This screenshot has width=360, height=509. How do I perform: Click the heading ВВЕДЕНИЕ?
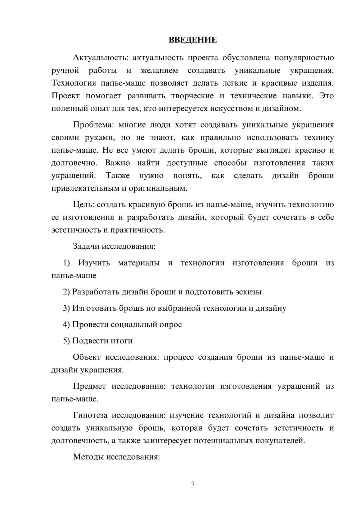point(193,40)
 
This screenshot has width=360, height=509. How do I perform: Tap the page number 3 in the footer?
point(193,485)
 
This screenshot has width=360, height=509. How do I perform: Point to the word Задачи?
point(86,247)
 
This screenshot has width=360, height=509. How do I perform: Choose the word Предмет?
point(89,386)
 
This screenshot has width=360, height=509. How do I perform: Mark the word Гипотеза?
point(90,415)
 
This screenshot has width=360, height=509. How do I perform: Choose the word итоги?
point(121,341)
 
